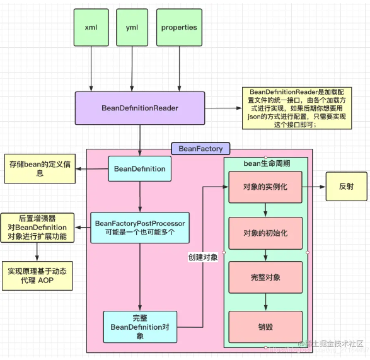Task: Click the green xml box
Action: (91, 27)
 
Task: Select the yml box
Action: (132, 27)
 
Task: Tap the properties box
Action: (179, 27)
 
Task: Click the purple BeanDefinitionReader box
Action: (140, 108)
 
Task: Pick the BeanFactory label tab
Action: (200, 149)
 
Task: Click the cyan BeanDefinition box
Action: (140, 169)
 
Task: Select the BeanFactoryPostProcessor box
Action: (140, 228)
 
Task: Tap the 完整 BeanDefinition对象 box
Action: (140, 327)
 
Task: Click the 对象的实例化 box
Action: (265, 187)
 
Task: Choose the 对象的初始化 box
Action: (265, 233)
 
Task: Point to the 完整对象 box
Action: (265, 277)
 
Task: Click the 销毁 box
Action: (265, 327)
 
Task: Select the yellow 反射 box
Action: (347, 187)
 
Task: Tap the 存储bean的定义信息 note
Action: (40, 169)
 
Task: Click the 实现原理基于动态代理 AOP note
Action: (37, 276)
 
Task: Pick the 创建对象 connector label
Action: (203, 257)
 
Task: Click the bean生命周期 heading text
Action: (267, 163)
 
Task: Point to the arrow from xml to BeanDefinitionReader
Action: (91, 69)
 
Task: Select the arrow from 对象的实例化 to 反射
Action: (314, 187)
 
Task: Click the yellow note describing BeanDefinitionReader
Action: (297, 108)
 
